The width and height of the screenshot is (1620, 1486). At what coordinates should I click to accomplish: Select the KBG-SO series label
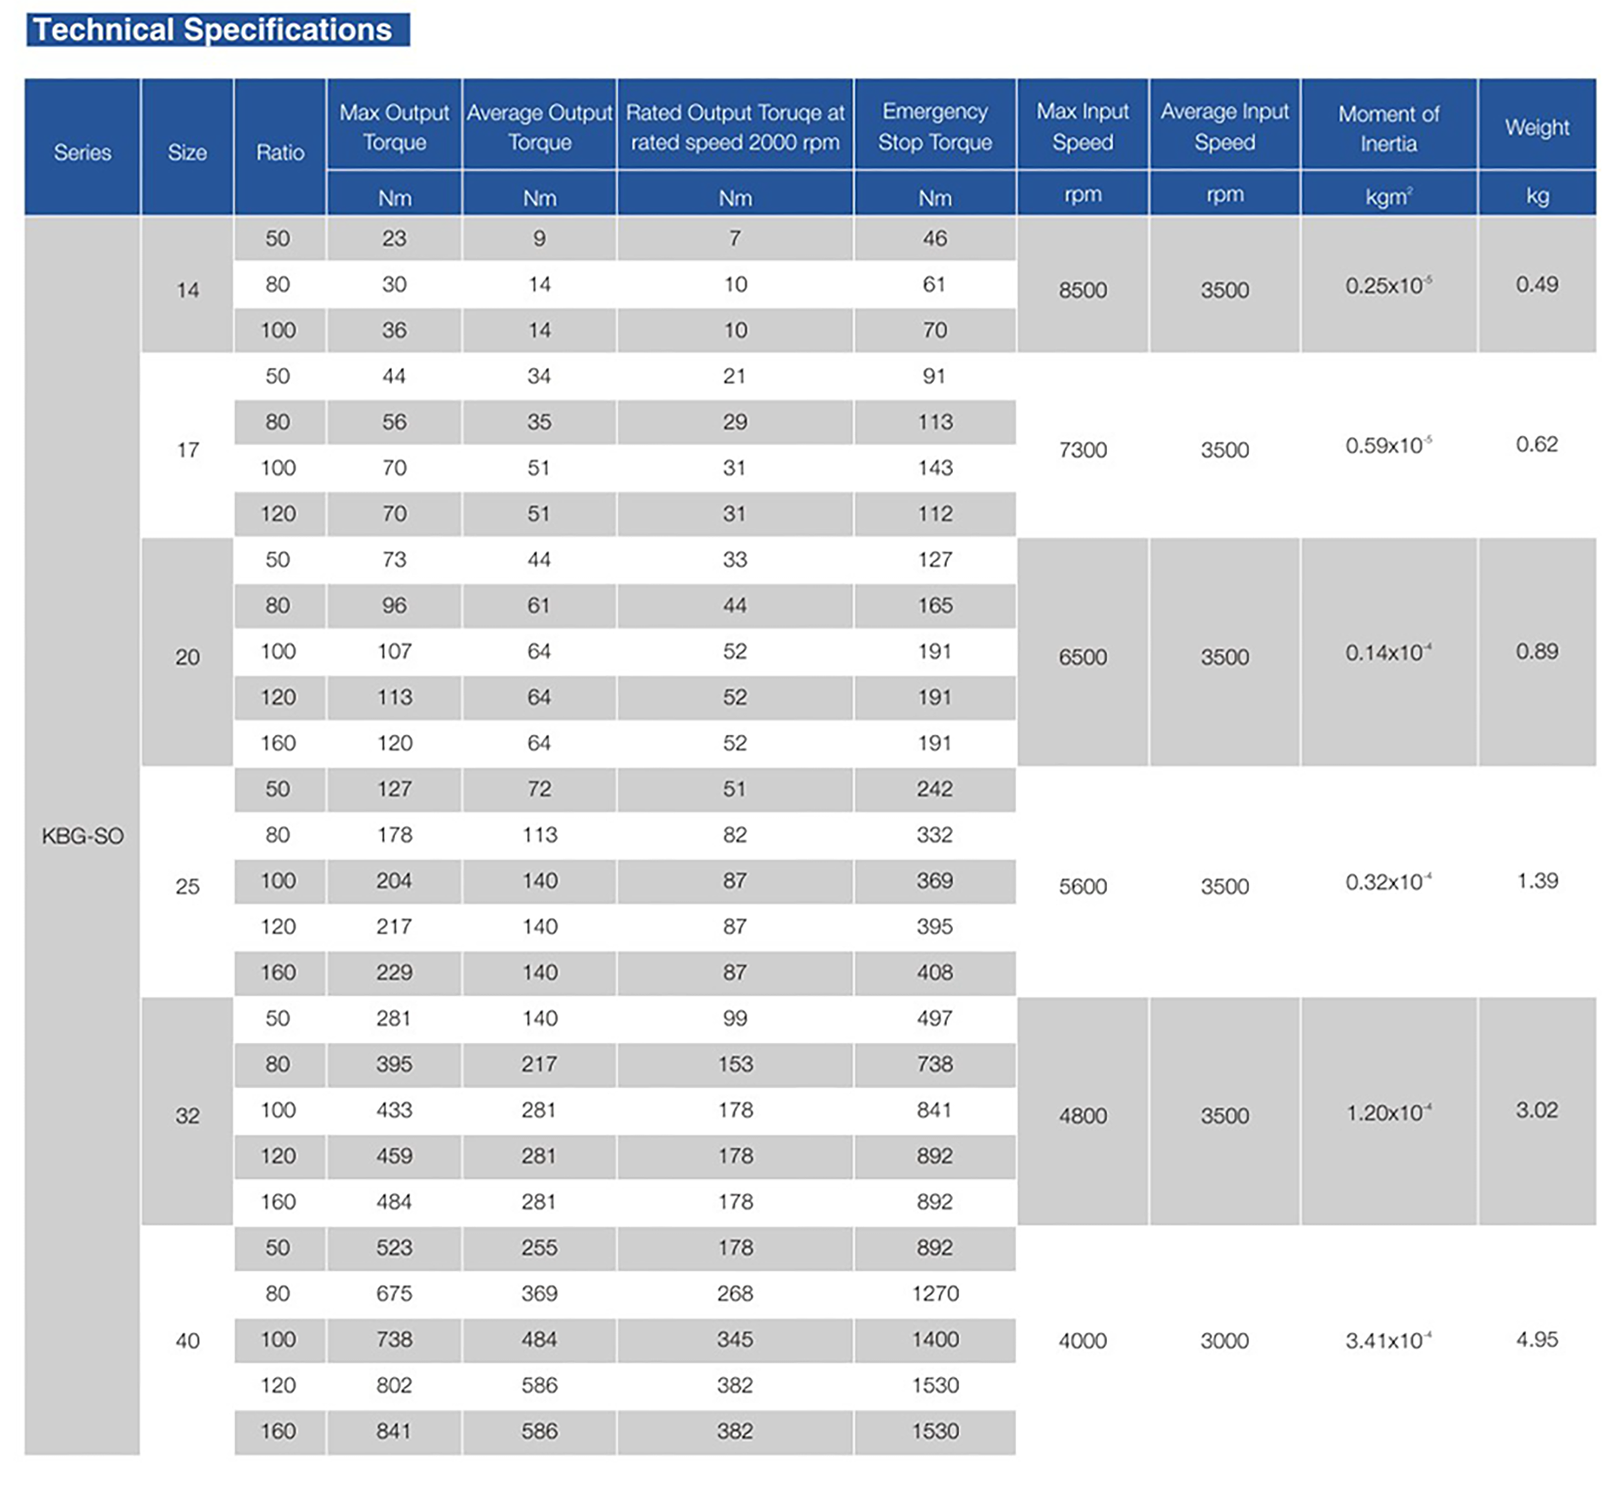(82, 836)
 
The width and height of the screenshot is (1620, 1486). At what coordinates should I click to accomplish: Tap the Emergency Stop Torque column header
(934, 126)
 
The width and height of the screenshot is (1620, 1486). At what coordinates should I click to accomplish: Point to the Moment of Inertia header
(1388, 129)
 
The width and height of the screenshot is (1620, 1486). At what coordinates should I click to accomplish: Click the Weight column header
(1537, 127)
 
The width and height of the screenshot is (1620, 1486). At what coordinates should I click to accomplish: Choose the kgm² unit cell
(1388, 196)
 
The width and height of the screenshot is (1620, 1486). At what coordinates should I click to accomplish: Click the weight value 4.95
(1537, 1340)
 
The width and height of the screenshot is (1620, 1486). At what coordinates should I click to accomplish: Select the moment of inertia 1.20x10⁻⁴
(1388, 1113)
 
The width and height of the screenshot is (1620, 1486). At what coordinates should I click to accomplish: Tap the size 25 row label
(188, 886)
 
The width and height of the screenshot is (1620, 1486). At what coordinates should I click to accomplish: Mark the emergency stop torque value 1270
(935, 1294)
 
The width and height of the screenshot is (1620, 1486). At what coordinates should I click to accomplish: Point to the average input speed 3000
(1225, 1340)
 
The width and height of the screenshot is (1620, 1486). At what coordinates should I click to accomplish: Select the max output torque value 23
(394, 239)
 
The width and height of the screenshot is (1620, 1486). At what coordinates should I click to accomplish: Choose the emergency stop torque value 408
(935, 972)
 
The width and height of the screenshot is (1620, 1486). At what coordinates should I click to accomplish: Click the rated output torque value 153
(735, 1064)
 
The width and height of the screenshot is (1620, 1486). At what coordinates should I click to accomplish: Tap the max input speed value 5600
(1082, 886)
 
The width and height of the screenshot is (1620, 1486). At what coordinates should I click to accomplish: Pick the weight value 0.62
(1537, 445)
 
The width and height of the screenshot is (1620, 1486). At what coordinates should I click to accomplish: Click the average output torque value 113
(540, 835)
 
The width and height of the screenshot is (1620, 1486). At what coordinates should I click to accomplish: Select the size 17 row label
(188, 450)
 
